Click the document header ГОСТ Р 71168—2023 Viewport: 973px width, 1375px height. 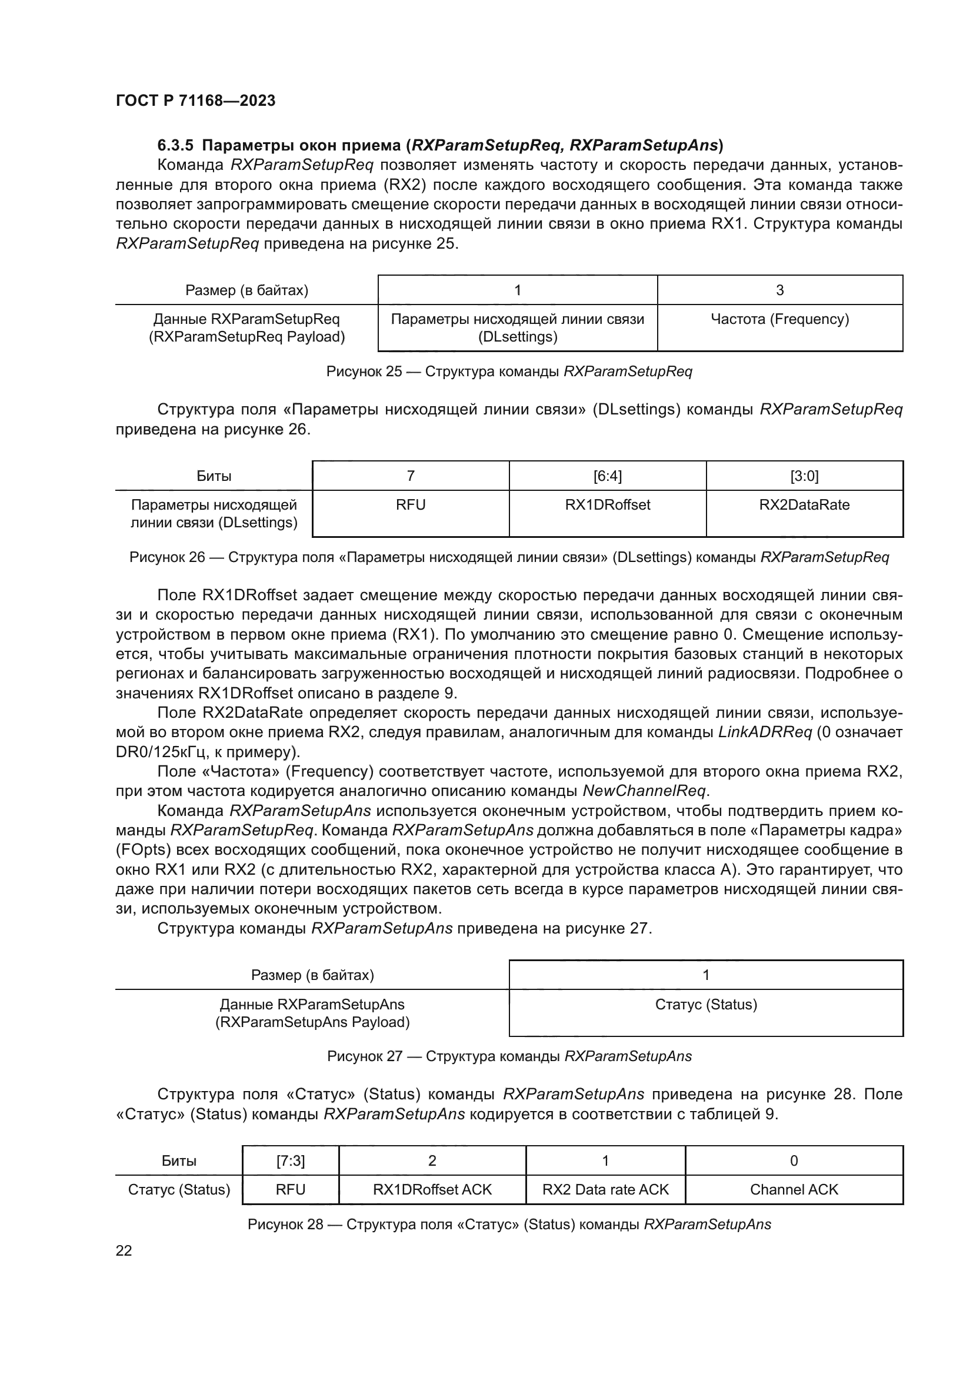(195, 101)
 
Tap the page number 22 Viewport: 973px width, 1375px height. (124, 1250)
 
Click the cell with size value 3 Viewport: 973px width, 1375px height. (779, 290)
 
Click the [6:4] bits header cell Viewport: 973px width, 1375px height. (607, 476)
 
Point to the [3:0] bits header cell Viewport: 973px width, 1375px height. (804, 476)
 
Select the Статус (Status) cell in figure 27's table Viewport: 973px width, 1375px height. (706, 1004)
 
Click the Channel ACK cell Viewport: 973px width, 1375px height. (794, 1189)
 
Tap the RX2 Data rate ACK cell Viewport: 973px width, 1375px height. (605, 1189)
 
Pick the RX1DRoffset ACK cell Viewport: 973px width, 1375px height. (432, 1189)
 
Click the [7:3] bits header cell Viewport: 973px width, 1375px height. (291, 1160)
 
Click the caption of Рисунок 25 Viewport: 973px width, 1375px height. (509, 372)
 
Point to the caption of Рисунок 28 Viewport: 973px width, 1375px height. (509, 1224)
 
